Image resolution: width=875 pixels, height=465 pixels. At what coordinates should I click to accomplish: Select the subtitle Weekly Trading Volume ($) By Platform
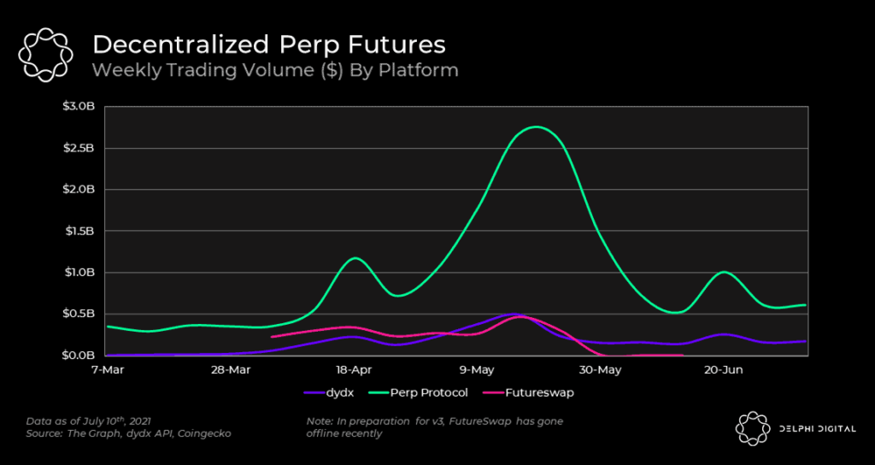coord(275,70)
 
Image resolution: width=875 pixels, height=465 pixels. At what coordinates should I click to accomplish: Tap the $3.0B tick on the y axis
coord(84,107)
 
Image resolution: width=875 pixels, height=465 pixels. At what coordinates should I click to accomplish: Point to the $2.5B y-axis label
coord(84,149)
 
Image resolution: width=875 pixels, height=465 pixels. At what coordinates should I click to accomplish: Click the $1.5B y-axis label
coord(84,232)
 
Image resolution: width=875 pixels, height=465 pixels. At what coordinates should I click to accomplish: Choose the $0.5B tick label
coord(84,314)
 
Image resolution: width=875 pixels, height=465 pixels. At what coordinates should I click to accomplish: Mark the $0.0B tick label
coord(84,355)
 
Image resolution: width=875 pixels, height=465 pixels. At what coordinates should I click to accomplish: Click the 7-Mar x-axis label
coord(106,370)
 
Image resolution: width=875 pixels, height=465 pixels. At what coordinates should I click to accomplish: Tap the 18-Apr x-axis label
coord(353,370)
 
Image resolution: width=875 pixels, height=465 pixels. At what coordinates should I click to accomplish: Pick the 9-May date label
coord(477,370)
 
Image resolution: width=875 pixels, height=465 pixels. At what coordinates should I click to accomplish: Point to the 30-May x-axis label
coord(600,370)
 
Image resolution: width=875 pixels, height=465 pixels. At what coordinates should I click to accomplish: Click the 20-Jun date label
coord(724,370)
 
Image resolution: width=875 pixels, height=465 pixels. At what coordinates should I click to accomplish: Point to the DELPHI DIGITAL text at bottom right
coord(815,428)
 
